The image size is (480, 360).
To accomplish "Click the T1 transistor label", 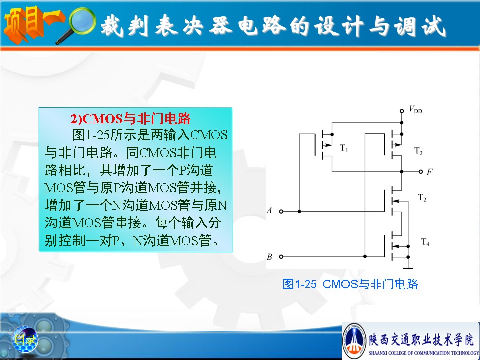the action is click(x=344, y=148).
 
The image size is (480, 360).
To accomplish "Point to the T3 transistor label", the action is click(x=418, y=151).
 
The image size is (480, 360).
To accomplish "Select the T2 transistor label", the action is click(x=422, y=198).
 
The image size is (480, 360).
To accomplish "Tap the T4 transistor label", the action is click(x=425, y=242).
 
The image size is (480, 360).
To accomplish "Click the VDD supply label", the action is click(x=415, y=109).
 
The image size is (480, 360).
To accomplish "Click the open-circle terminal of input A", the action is click(x=281, y=211).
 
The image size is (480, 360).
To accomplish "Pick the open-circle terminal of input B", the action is click(x=281, y=257).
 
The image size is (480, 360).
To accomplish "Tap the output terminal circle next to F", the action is click(x=421, y=171).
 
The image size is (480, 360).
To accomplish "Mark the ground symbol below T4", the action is click(x=408, y=268).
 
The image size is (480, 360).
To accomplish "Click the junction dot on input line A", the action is click(x=299, y=211).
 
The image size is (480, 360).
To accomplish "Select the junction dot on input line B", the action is click(x=365, y=256).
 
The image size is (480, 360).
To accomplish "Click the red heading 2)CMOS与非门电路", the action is click(x=130, y=119).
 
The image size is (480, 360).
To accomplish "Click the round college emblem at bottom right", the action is click(x=354, y=341).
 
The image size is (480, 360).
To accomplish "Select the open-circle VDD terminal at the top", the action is click(x=402, y=111).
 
